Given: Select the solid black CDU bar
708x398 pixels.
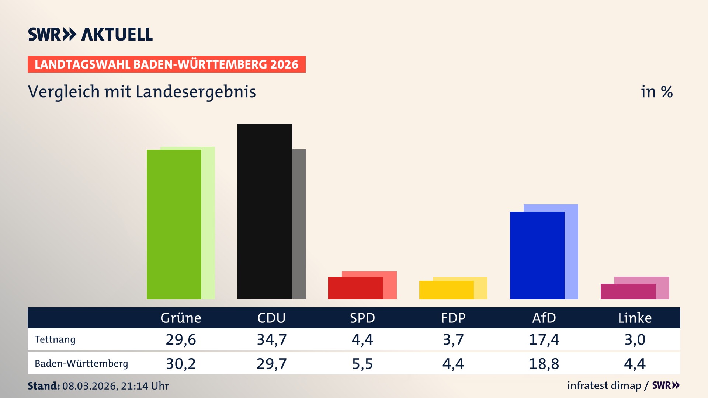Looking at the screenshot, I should pyautogui.click(x=265, y=212).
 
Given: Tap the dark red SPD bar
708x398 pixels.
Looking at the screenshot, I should pyautogui.click(x=355, y=288).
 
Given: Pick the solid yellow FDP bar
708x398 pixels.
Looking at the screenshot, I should pyautogui.click(x=446, y=290).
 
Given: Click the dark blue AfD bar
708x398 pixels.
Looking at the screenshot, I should pyautogui.click(x=537, y=255).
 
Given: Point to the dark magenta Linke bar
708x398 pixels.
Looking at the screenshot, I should pyautogui.click(x=628, y=291).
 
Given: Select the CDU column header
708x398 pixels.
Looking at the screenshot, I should pyautogui.click(x=271, y=318).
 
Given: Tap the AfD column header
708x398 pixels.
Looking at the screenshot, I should pyautogui.click(x=544, y=318).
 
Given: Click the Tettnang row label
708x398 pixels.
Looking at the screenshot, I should pyautogui.click(x=55, y=339).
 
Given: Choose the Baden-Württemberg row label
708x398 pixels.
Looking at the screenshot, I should pyautogui.click(x=81, y=364).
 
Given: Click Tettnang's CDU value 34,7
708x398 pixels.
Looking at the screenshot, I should pyautogui.click(x=272, y=339).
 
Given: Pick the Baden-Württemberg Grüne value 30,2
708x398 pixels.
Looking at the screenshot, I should pyautogui.click(x=181, y=364).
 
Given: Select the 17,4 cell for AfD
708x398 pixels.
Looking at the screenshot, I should pyautogui.click(x=544, y=339).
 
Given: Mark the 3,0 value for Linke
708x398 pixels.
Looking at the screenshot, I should pyautogui.click(x=635, y=339).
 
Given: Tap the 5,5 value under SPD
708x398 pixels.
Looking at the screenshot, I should pyautogui.click(x=362, y=364).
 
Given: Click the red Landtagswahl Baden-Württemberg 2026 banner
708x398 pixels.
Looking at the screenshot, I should pyautogui.click(x=166, y=64).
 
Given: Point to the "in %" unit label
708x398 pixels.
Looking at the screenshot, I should pyautogui.click(x=657, y=92).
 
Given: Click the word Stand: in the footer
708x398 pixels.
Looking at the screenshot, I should pyautogui.click(x=44, y=386).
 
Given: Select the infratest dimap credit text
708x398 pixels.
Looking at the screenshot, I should pyautogui.click(x=604, y=385).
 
